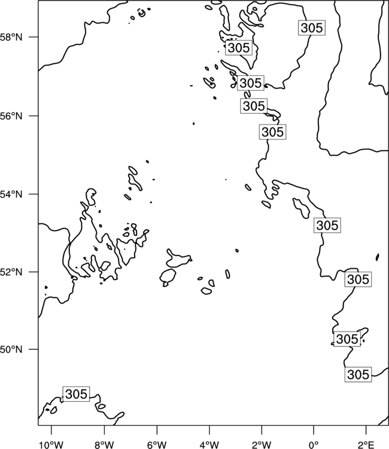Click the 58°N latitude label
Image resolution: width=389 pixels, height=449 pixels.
click(11, 37)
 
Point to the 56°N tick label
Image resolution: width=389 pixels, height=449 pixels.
click(11, 116)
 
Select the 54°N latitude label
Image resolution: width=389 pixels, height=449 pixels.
click(11, 194)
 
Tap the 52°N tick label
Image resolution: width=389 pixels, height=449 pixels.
click(11, 272)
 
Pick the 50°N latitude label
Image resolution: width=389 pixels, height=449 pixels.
click(11, 350)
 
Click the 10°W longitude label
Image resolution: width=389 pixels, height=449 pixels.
click(51, 445)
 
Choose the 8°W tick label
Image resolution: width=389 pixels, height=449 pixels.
click(104, 445)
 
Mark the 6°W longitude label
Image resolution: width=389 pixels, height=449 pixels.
click(157, 445)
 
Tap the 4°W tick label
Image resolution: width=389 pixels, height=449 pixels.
click(209, 445)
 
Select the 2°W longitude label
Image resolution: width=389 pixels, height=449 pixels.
click(262, 445)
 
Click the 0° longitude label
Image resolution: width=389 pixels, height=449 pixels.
click(314, 445)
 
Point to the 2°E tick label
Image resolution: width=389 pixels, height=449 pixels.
click(366, 445)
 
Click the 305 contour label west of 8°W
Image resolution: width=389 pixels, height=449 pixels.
click(76, 394)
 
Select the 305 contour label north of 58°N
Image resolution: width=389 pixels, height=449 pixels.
click(312, 28)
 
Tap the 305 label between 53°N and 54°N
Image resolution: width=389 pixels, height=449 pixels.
click(327, 225)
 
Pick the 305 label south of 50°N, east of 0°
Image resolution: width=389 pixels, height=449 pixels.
click(358, 374)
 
